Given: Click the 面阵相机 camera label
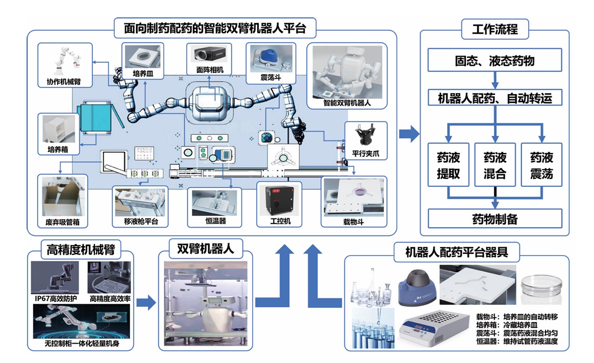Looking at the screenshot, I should (209, 70).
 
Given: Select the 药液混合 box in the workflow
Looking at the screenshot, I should (494, 165).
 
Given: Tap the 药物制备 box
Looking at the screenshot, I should (494, 219).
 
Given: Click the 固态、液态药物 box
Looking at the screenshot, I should (494, 61).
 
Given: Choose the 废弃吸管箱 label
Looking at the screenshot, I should (62, 222).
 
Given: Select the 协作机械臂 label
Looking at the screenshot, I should (64, 81).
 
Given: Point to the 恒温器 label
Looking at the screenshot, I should (214, 222).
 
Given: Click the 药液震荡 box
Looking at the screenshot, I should (541, 165).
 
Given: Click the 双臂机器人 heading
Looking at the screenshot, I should (206, 249).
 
